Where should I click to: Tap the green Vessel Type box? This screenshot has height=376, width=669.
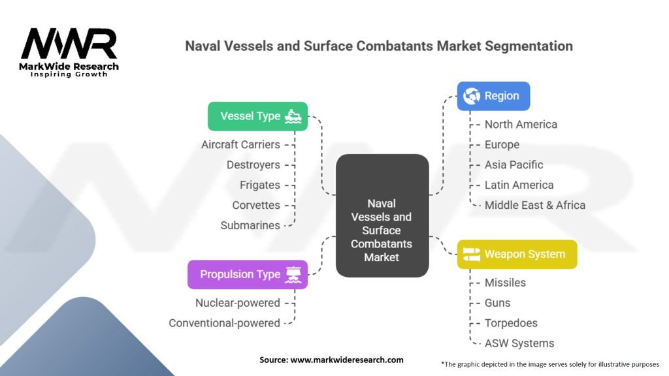coord(257,116)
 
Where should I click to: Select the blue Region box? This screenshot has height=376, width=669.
coord(493,96)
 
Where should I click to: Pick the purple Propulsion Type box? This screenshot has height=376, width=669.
coord(247,274)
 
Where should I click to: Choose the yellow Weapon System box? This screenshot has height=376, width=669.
coord(517,254)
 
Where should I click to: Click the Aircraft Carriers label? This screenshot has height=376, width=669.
coord(240,144)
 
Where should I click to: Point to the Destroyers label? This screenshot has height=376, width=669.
coord(253,164)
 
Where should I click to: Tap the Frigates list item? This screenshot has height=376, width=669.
coord(259,185)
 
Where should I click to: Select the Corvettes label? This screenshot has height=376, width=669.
coord(255,205)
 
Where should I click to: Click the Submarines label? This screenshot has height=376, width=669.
coord(250,225)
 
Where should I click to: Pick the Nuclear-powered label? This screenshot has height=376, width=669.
coord(237,303)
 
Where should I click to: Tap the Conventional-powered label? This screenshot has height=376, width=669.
coord(224,323)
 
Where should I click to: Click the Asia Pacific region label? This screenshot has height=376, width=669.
coord(514,164)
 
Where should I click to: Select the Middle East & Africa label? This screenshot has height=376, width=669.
coord(534,205)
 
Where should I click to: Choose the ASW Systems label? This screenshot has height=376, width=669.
coord(519,343)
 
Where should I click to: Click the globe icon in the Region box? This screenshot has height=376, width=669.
coord(471,96)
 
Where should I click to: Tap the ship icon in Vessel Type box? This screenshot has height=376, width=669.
coord(293,116)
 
